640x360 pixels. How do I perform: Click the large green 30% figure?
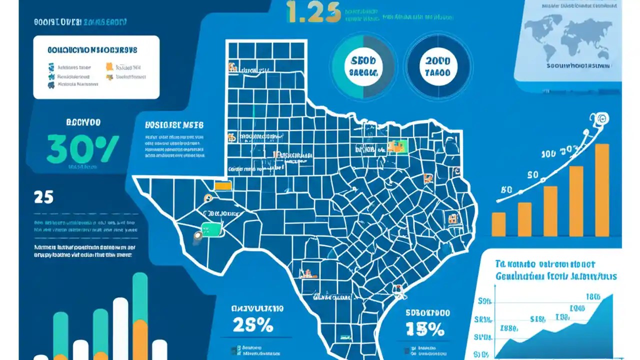click(82, 148)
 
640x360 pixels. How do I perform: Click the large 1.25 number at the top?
click(313, 13)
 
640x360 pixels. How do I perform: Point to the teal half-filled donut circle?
click(363, 66)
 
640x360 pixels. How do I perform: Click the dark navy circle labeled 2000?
click(437, 66)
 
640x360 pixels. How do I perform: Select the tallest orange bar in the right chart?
click(601, 190)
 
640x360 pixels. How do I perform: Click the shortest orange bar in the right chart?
click(498, 223)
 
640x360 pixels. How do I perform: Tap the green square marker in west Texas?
click(210, 229)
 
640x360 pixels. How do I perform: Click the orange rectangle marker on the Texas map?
click(222, 185)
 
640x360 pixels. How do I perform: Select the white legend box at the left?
click(96, 67)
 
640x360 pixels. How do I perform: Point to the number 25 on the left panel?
click(43, 197)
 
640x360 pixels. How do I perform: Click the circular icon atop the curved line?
click(600, 119)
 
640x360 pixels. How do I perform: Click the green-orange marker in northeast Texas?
click(398, 145)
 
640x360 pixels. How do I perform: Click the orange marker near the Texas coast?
click(397, 288)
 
